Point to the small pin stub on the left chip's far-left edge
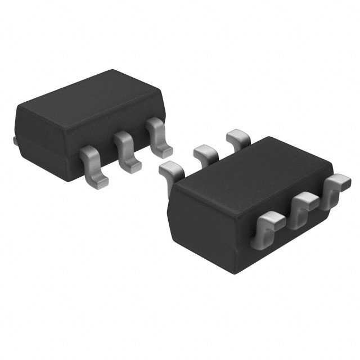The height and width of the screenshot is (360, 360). point(13,137)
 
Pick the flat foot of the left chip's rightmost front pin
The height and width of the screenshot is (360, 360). point(163,150)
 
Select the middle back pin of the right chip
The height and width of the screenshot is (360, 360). point(206,152)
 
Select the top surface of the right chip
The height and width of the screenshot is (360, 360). point(253,163)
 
